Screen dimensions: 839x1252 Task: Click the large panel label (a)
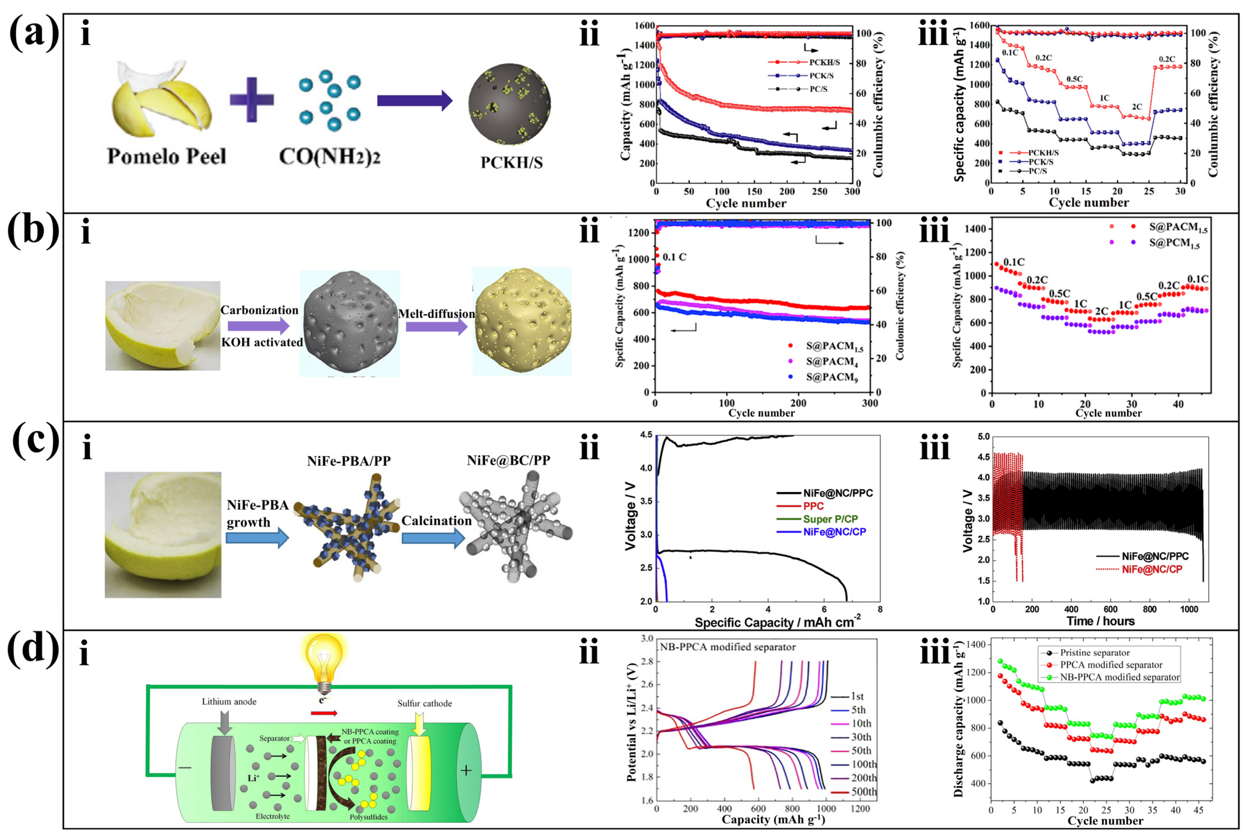(x=33, y=33)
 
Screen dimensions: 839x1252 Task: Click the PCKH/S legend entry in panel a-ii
(x=824, y=62)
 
